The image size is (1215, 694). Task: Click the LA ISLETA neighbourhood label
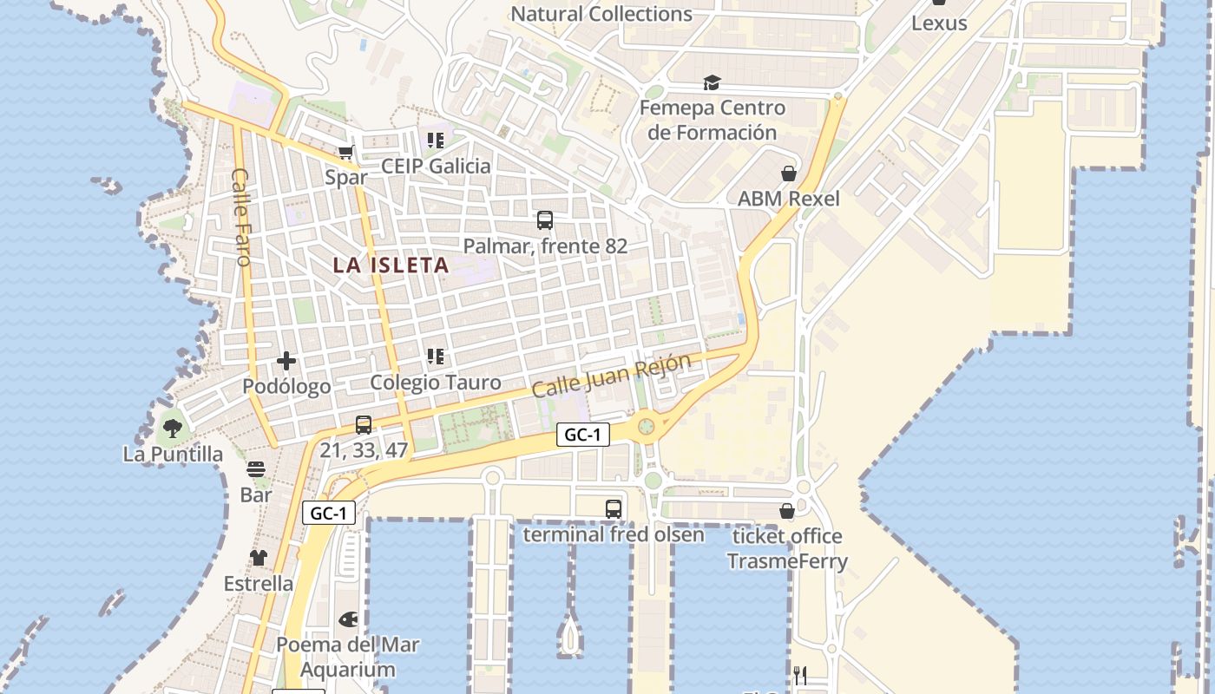(x=391, y=265)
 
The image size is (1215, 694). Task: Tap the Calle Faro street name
(x=241, y=217)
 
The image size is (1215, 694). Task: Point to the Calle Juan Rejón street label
(x=611, y=376)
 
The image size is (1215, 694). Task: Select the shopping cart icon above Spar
(x=345, y=153)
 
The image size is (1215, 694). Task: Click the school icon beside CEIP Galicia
(x=436, y=140)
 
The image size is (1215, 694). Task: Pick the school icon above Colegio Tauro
(x=436, y=357)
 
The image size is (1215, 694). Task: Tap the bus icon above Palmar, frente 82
(x=545, y=220)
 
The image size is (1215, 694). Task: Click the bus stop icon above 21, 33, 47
(x=364, y=425)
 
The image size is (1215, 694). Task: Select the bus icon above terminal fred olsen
(x=614, y=508)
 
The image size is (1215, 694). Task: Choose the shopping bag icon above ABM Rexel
(x=789, y=173)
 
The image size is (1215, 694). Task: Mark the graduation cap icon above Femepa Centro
(x=712, y=83)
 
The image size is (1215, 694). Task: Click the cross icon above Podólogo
(x=286, y=361)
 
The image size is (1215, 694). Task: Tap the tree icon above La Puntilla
(x=173, y=428)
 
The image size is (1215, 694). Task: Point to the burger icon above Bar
(x=256, y=469)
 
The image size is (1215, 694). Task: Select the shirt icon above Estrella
(x=259, y=558)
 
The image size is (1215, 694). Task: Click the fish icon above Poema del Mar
(x=348, y=619)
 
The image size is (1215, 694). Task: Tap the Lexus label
(x=939, y=23)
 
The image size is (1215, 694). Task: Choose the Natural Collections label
(x=601, y=14)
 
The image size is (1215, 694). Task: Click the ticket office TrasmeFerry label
(x=787, y=548)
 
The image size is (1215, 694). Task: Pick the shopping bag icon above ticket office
(x=787, y=511)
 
